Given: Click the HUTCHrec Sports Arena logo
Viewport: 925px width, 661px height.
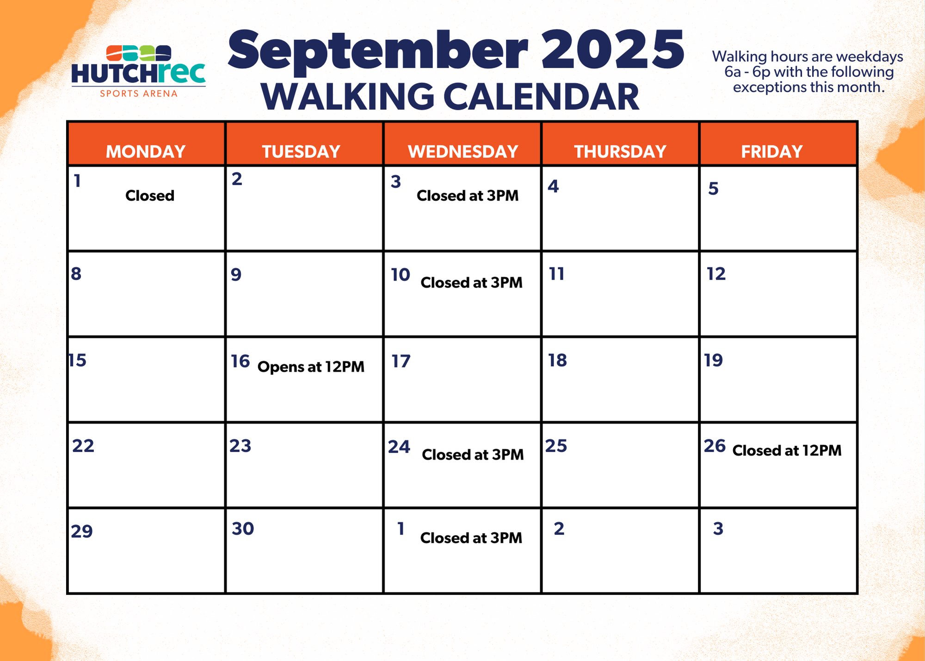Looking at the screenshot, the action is click(138, 71).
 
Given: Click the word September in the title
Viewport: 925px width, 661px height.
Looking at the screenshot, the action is click(378, 51).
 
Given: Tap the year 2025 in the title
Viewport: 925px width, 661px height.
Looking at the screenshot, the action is click(612, 49).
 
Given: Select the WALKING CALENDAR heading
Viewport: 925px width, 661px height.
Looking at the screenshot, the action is click(450, 97).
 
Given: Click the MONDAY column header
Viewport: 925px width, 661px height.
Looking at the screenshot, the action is click(146, 151).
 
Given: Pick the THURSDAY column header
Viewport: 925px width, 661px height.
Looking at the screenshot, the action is click(620, 151).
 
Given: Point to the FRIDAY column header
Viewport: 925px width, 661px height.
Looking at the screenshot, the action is click(771, 151).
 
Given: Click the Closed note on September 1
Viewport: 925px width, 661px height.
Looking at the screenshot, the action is click(150, 195).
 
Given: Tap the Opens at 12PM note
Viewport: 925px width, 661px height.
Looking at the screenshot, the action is click(311, 367).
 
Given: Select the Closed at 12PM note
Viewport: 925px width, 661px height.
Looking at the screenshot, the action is click(787, 450).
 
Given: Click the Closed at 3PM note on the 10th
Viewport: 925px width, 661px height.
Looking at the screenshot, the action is click(471, 282).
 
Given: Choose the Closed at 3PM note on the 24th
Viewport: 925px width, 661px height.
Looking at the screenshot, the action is click(473, 455).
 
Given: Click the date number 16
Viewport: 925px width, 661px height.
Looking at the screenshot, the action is click(240, 361).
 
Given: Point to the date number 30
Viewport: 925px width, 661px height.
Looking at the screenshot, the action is click(243, 529).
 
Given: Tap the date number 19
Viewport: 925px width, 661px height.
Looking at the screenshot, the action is click(713, 360).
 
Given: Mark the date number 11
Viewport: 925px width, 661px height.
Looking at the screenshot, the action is click(556, 274).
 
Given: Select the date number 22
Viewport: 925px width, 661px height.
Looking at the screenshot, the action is click(83, 446).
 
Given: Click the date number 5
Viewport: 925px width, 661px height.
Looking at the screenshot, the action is click(713, 188).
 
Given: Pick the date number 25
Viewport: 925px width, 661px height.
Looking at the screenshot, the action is click(556, 446).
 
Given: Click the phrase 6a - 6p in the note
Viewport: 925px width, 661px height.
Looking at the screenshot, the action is click(747, 72).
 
